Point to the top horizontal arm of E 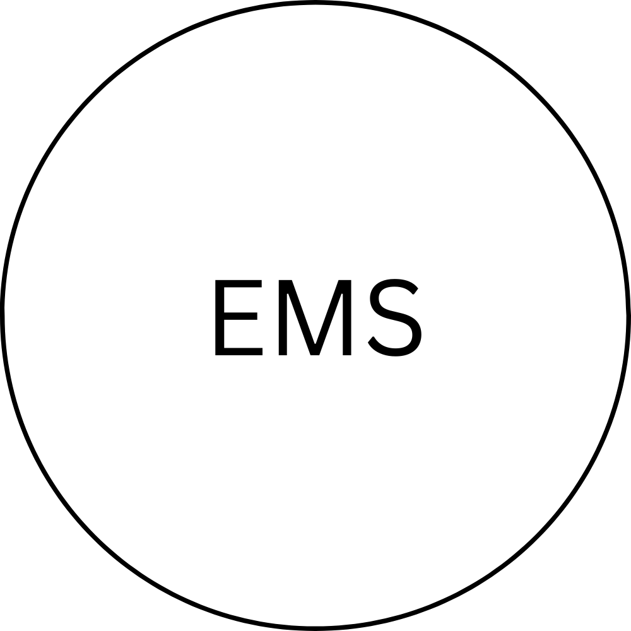pyautogui.click(x=239, y=283)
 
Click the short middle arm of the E pyautogui.click(x=240, y=316)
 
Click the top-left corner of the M pyautogui.click(x=278, y=280)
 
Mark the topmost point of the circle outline pyautogui.click(x=315, y=3)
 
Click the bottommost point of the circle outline pyautogui.click(x=315, y=628)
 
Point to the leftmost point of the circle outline pyautogui.click(x=2, y=315)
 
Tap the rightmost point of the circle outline pyautogui.click(x=628, y=315)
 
